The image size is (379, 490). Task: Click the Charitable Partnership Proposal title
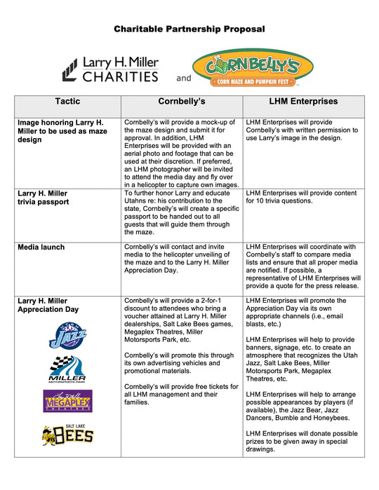(x=189, y=29)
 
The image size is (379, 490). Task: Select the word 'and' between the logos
(x=183, y=78)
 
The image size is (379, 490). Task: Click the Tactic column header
(x=67, y=102)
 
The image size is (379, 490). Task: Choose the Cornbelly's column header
(x=181, y=102)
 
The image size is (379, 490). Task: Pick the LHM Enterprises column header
(x=303, y=102)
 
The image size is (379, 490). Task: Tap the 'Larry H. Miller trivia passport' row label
(x=43, y=197)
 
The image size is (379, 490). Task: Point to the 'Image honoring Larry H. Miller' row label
(x=62, y=130)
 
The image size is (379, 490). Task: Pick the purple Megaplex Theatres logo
(x=67, y=401)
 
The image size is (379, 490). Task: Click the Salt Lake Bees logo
(x=67, y=435)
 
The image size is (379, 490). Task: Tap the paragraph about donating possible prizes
(x=302, y=440)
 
